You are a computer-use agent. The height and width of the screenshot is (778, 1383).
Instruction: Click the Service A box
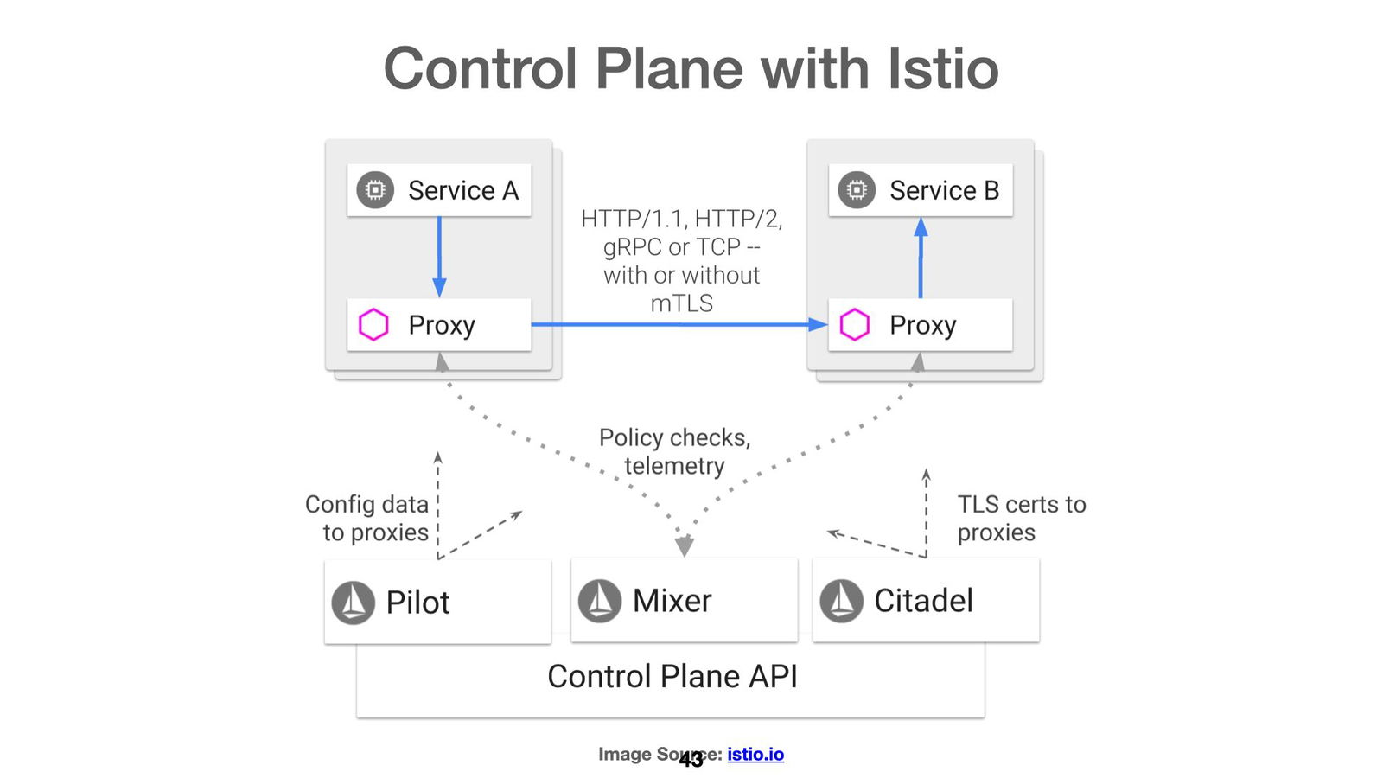[x=439, y=190]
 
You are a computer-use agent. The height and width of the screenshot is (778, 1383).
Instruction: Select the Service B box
[x=921, y=190]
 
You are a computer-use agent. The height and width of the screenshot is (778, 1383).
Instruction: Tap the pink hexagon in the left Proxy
[x=373, y=325]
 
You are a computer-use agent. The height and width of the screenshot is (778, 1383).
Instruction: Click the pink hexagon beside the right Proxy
[x=855, y=325]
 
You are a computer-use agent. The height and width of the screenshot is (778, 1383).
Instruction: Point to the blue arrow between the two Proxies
[x=679, y=325]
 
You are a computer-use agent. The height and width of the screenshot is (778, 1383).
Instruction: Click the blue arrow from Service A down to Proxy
[x=439, y=255]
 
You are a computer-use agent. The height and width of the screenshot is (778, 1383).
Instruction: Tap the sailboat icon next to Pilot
[x=354, y=603]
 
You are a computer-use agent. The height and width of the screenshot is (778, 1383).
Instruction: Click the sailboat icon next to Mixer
[x=600, y=601]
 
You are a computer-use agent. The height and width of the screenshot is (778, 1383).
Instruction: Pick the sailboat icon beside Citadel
[x=841, y=601]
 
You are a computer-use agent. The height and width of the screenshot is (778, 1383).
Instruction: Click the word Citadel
[x=923, y=601]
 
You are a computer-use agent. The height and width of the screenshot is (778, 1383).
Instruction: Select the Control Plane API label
[x=672, y=677]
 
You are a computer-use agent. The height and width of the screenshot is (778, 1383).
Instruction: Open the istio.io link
[x=755, y=754]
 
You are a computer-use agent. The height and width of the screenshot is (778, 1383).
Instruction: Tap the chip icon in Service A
[x=375, y=190]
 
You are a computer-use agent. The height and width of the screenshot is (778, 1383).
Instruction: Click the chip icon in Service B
[x=857, y=190]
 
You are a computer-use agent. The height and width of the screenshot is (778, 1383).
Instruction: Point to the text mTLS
[x=681, y=304]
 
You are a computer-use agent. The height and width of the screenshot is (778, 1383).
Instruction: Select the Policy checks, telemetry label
[x=674, y=451]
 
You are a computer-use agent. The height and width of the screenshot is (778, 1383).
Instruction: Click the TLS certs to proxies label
[x=1020, y=519]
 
